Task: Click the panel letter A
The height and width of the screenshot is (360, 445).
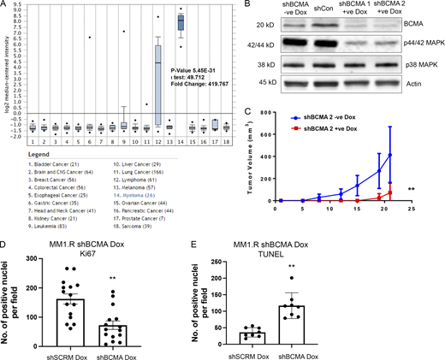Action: [5, 7]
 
